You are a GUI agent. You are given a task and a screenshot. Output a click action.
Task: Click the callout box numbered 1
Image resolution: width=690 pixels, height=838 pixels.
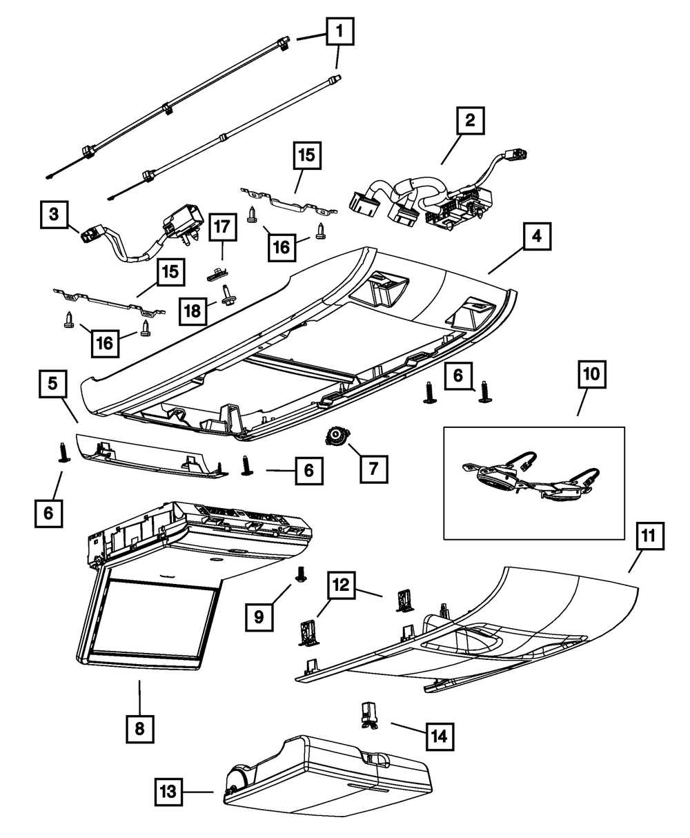point(339,31)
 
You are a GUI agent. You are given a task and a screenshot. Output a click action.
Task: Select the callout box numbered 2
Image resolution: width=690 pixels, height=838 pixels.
point(470,120)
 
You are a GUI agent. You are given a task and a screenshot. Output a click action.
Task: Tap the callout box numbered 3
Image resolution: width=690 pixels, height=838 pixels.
point(54,214)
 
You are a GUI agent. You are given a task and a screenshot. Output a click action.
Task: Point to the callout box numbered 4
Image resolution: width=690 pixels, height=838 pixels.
point(537,236)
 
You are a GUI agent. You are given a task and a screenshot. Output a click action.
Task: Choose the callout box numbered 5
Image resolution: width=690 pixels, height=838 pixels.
point(53,384)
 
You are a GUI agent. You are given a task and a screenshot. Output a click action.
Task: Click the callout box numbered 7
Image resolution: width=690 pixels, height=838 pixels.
point(373,469)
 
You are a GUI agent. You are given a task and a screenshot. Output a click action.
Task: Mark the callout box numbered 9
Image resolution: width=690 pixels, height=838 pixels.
point(259,617)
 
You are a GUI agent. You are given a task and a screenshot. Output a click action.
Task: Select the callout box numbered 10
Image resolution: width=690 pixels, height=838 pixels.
point(592,374)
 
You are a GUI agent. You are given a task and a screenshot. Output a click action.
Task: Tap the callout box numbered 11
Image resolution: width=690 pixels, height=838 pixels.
point(649,536)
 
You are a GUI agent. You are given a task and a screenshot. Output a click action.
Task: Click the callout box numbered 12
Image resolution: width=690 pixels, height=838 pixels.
point(341,585)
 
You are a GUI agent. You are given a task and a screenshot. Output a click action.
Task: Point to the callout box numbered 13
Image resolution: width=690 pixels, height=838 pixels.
point(168,792)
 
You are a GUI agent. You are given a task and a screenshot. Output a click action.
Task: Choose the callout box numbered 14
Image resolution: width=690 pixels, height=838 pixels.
point(440,737)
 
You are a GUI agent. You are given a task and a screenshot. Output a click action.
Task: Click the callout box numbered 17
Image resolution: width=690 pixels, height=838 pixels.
point(223,227)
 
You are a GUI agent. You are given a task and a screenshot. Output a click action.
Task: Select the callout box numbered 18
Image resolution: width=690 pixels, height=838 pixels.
point(193,311)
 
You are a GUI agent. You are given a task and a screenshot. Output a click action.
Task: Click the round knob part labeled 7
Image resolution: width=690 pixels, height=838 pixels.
point(337,436)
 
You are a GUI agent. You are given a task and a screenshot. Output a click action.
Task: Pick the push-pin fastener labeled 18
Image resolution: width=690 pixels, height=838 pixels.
point(228,295)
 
